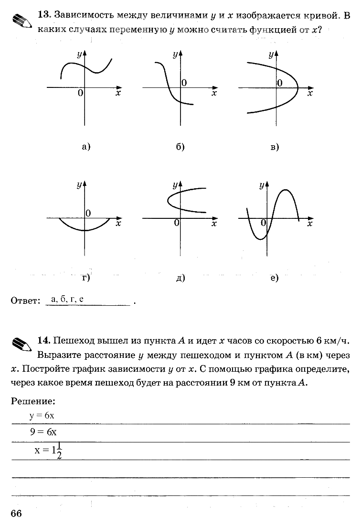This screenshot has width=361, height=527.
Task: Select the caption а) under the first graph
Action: pyautogui.click(x=86, y=147)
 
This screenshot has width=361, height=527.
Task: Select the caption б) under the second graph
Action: pyautogui.click(x=180, y=147)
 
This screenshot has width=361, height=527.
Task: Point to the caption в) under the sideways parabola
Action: pyautogui.click(x=275, y=147)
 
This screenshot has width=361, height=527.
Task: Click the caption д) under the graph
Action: pyautogui.click(x=180, y=278)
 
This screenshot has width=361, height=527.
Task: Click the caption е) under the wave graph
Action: pyautogui.click(x=274, y=278)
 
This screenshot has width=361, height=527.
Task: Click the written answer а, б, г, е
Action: pyautogui.click(x=67, y=300)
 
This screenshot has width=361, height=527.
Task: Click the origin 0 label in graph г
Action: pyautogui.click(x=88, y=213)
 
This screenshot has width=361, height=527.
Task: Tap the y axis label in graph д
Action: pyautogui.click(x=175, y=184)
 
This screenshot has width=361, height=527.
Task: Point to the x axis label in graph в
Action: pyautogui.click(x=310, y=94)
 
